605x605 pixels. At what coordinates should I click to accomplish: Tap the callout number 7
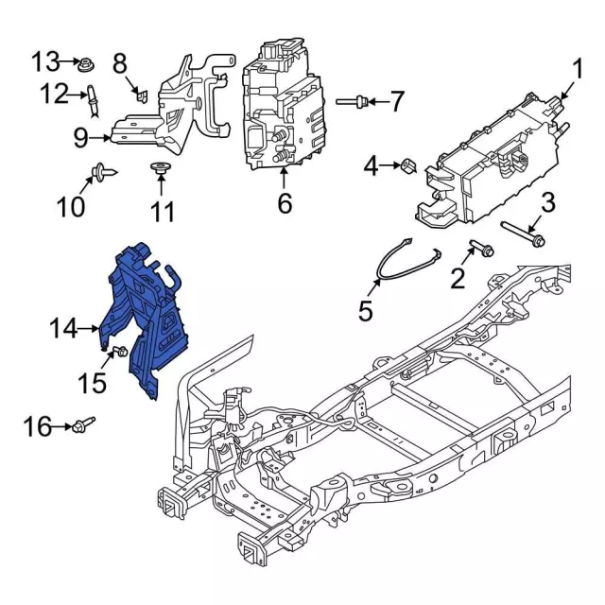click(397, 100)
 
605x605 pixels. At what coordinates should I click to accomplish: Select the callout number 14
click(63, 328)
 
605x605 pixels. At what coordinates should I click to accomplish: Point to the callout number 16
click(38, 428)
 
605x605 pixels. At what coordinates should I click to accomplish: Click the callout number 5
click(365, 309)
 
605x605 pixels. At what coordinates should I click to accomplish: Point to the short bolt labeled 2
click(479, 251)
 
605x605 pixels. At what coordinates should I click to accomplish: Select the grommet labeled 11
click(162, 170)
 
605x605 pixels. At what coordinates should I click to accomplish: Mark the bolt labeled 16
click(83, 426)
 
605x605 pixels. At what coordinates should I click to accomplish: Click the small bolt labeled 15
click(118, 353)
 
